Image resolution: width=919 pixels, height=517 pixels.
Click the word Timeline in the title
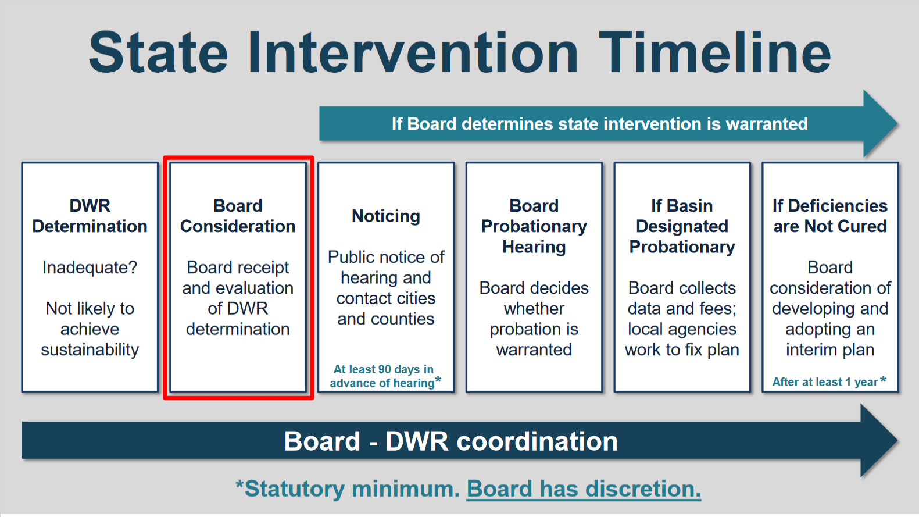[x=715, y=52]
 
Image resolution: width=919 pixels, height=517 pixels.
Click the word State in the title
[x=158, y=52]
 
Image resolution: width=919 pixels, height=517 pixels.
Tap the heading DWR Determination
[x=90, y=216]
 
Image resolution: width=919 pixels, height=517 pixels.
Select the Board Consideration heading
[x=238, y=216]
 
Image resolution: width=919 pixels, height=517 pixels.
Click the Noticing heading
[x=386, y=216]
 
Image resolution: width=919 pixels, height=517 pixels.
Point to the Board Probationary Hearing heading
[x=534, y=226]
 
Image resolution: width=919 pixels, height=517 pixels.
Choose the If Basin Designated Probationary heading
[x=682, y=226]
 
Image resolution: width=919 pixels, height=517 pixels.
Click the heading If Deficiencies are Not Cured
[x=830, y=216]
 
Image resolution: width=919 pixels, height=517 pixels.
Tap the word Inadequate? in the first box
[x=90, y=268]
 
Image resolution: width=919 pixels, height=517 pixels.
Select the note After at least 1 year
[x=829, y=382]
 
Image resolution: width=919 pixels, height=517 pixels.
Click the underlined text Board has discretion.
[x=584, y=489]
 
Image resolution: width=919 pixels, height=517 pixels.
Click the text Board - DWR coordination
[x=451, y=441]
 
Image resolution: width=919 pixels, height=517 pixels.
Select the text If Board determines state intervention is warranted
[x=600, y=124]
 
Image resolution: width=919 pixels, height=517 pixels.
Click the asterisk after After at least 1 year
[x=884, y=380]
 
